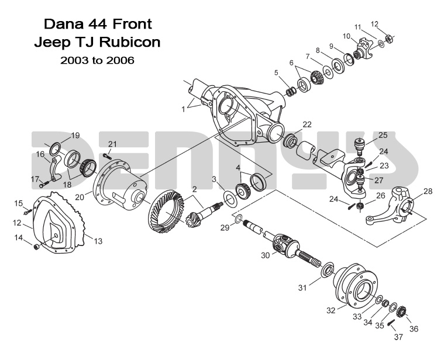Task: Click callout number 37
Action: click(398, 337)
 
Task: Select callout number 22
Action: click(307, 124)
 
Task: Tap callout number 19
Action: click(75, 136)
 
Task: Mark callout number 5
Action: click(276, 72)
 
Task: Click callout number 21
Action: click(112, 144)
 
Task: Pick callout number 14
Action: click(20, 238)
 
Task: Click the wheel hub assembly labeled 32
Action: click(356, 286)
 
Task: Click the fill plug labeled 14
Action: click(36, 248)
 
